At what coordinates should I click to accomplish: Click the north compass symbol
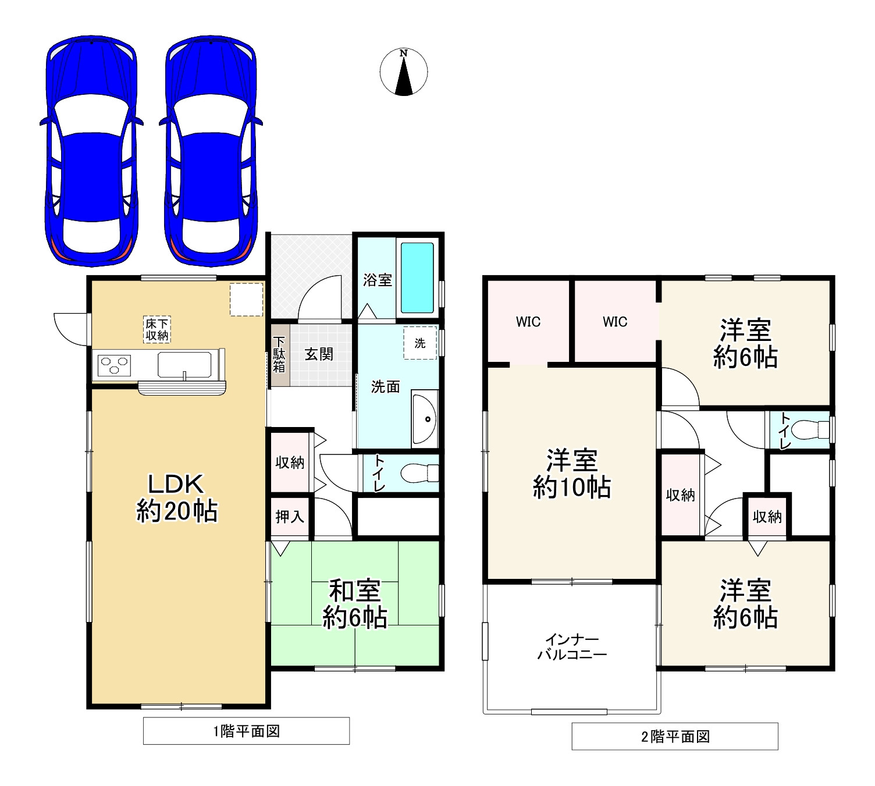[x=403, y=72]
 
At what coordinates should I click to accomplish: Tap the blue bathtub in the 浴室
[x=417, y=278]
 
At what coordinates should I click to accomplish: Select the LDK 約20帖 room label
[x=177, y=497]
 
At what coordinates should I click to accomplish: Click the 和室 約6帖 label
[x=354, y=604]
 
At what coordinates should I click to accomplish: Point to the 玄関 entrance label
[x=319, y=354]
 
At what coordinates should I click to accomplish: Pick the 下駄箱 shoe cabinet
[x=279, y=355]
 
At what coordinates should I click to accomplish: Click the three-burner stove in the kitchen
[x=114, y=365]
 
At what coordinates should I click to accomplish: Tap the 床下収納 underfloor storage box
[x=156, y=329]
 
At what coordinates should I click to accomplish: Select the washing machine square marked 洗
[x=420, y=343]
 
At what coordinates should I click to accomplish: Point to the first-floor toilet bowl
[x=419, y=474]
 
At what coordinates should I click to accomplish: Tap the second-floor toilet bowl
[x=811, y=430]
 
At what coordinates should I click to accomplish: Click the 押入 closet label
[x=290, y=517]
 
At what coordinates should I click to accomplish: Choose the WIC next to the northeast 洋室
[x=614, y=321]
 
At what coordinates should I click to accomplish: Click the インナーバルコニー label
[x=572, y=646]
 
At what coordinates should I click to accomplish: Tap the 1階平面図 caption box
[x=246, y=731]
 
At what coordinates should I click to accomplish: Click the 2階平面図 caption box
[x=675, y=736]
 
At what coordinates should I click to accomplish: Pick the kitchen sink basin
[x=184, y=365]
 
